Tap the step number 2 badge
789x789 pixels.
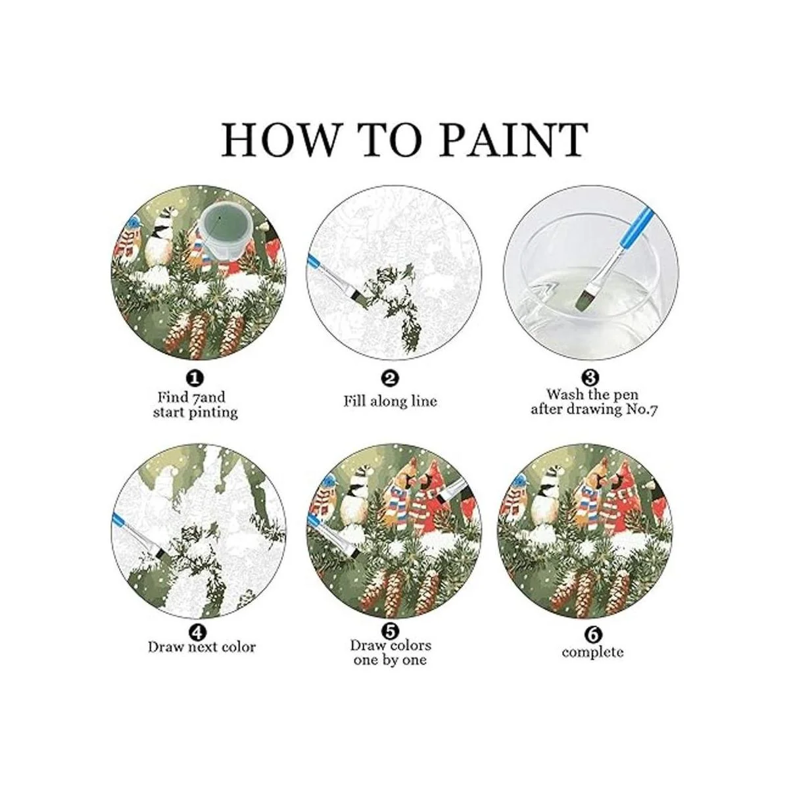click(x=390, y=379)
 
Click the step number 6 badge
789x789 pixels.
click(x=594, y=635)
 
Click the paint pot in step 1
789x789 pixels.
click(x=223, y=231)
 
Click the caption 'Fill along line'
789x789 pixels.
click(x=390, y=401)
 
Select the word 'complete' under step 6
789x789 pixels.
click(x=592, y=652)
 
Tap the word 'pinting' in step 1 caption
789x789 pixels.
click(x=216, y=412)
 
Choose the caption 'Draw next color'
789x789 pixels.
click(x=201, y=648)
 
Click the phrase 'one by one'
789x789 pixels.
click(x=390, y=660)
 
